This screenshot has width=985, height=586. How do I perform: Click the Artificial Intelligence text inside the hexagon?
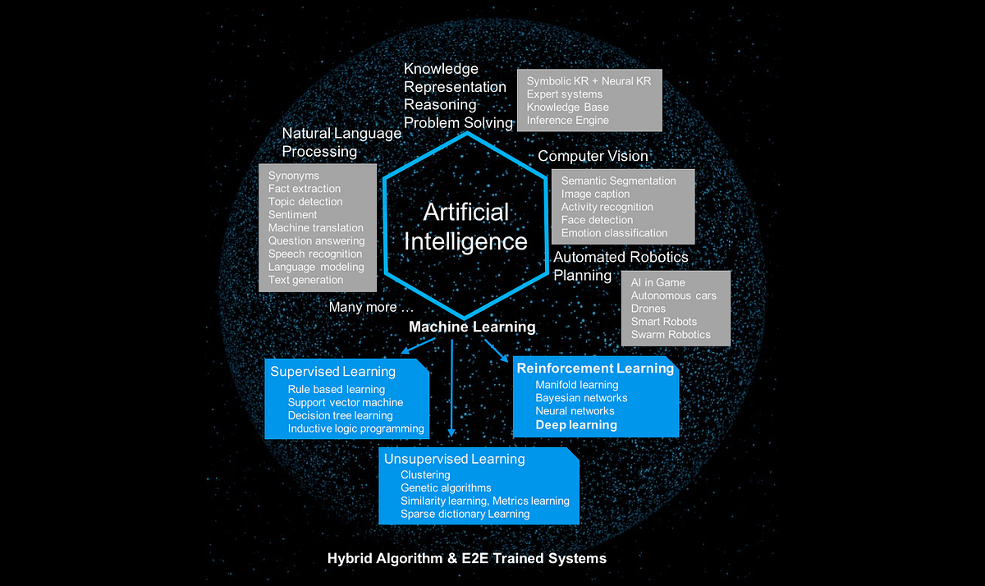pos(475,227)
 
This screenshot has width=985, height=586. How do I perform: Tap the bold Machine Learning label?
pos(472,327)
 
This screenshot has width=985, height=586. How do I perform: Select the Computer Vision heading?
pos(593,156)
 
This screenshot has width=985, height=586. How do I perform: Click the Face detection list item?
pos(597,220)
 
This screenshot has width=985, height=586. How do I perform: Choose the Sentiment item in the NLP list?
pos(292,215)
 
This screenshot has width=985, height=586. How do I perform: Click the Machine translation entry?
pos(315,228)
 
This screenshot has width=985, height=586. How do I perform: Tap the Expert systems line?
pos(564,94)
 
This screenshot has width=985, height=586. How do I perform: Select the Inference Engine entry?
pos(568,121)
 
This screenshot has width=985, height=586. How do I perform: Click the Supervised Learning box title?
pos(333,372)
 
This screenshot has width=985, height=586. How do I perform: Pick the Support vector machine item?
pos(346,403)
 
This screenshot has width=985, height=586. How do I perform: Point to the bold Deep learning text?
pos(576,425)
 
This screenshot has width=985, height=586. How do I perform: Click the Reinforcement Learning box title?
pos(595,369)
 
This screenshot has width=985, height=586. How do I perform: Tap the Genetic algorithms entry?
pos(446,488)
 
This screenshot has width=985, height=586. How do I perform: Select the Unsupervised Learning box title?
pos(455,459)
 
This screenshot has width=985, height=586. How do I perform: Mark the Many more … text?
pos(371,308)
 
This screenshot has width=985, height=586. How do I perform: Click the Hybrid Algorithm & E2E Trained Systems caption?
pos(467,559)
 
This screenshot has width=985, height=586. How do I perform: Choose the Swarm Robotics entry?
pos(671,335)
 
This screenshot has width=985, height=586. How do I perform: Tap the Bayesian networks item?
pos(581,398)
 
